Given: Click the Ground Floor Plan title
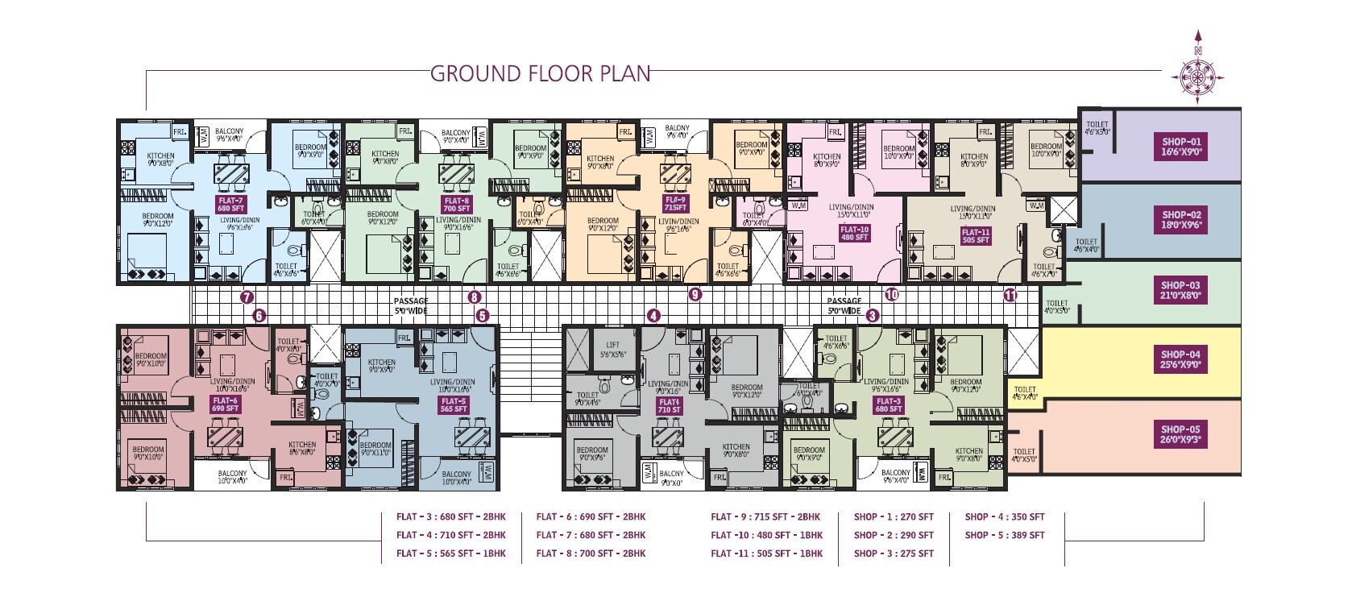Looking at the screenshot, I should (x=540, y=73).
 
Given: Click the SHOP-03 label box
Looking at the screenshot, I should (x=1180, y=290).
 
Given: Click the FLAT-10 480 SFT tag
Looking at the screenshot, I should (x=854, y=233).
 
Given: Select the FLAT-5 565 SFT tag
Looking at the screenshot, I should (x=454, y=404).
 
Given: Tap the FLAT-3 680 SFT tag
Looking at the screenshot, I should (x=889, y=404).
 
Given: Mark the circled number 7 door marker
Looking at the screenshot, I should (x=247, y=297).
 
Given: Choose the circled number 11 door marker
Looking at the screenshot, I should (x=1010, y=296).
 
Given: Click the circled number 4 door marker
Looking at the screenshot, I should (x=653, y=316).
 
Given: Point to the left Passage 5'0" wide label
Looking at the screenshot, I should (x=411, y=305).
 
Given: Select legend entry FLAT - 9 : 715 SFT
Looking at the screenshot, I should (x=765, y=516).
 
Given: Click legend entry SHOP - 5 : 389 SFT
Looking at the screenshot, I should (x=1004, y=535).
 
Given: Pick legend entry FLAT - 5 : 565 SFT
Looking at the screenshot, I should (x=450, y=553).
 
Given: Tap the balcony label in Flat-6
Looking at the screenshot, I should (x=232, y=477).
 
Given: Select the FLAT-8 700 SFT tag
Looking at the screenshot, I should (x=456, y=205).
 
